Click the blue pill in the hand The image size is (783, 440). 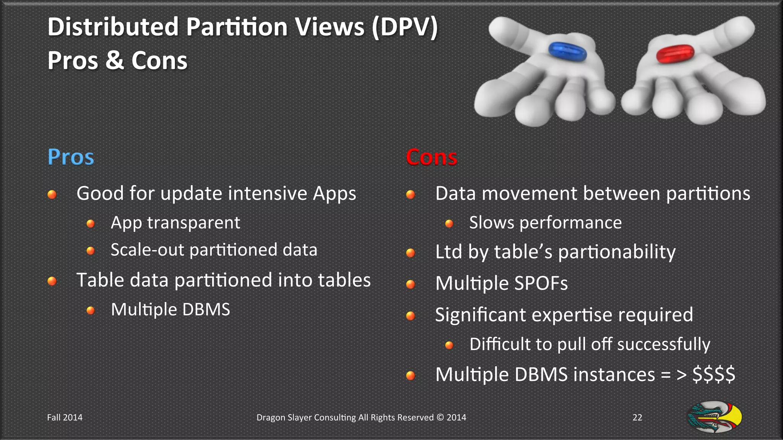coord(567,52)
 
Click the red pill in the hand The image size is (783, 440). coord(675,53)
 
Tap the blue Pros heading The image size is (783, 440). coord(71,157)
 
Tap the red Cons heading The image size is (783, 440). coord(431,157)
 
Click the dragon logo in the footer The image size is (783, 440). coord(715,417)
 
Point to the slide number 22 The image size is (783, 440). coord(637,417)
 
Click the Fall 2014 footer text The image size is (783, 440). coord(65,417)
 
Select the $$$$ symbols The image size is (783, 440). coord(713,374)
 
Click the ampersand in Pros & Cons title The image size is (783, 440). coord(115,60)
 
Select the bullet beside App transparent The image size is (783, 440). coord(91,223)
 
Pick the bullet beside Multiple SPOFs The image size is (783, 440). coord(411,284)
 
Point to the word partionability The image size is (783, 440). coord(617,252)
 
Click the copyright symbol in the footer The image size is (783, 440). coord(440,417)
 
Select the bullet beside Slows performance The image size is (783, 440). coord(449,223)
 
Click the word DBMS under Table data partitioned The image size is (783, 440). coord(206,309)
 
